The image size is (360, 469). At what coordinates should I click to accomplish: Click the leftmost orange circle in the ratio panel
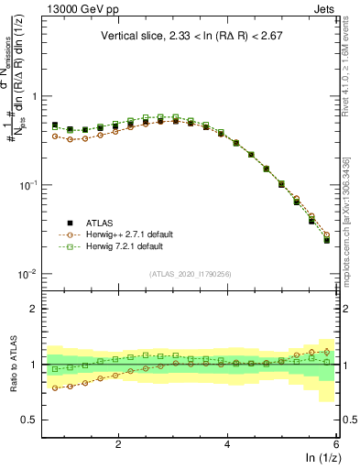pyautogui.click(x=55, y=388)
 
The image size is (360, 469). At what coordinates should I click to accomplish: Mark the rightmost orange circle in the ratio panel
pyautogui.click(x=327, y=351)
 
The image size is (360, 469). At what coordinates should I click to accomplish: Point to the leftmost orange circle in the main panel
pyautogui.click(x=55, y=136)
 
